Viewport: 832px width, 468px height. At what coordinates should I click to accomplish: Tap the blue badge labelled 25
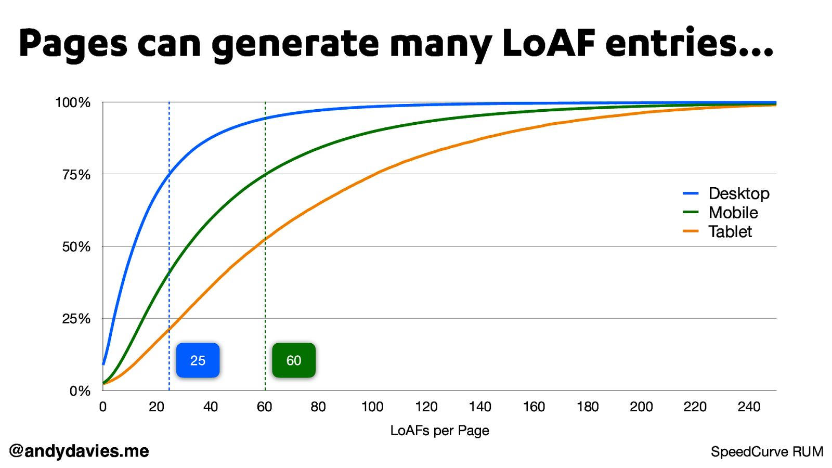198,360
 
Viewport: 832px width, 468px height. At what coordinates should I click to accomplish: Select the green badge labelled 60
294,360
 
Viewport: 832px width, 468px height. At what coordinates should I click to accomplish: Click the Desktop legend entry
738,193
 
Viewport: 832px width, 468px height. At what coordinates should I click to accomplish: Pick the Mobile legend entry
733,213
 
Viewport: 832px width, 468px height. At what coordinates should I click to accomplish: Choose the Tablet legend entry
730,232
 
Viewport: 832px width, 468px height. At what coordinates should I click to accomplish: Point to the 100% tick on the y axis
73,103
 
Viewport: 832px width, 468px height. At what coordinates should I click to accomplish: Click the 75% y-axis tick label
76,175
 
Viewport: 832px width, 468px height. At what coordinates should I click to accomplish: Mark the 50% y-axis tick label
76,247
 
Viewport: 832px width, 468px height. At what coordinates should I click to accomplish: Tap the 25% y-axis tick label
76,319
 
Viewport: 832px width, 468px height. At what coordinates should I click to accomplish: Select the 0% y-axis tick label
80,391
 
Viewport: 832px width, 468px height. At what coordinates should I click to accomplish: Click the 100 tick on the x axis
372,407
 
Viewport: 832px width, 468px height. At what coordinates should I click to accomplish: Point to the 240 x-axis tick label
749,407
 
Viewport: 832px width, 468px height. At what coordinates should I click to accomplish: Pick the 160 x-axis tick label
534,407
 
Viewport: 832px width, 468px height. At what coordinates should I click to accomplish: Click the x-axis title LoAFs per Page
439,431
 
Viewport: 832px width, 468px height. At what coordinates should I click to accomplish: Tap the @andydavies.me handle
79,451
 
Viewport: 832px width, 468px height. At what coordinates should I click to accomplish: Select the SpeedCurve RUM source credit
767,452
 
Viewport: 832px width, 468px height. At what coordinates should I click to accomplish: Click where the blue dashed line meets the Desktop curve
169,173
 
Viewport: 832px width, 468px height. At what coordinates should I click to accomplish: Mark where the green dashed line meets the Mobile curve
265,175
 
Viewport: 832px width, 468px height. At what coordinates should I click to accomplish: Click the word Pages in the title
73,44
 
